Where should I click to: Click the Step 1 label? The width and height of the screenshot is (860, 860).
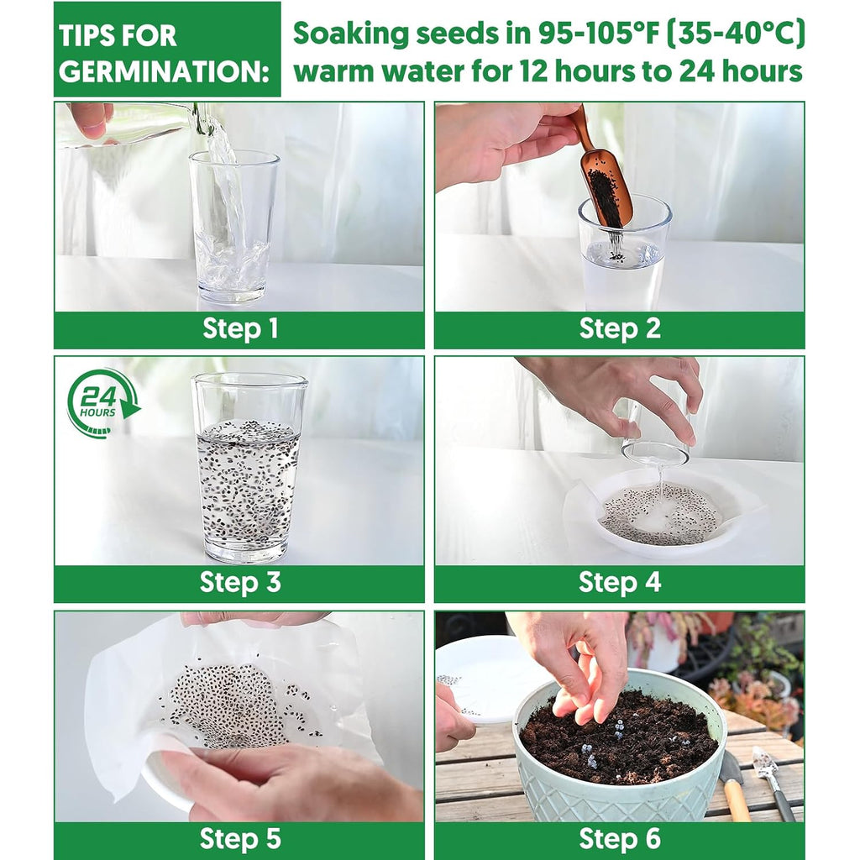click(x=240, y=328)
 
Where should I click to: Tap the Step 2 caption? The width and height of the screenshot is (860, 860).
click(x=620, y=328)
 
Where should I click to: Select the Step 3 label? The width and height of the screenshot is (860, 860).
click(x=240, y=582)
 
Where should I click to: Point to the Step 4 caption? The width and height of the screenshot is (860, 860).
click(x=620, y=582)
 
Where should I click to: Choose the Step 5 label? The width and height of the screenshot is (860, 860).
click(x=240, y=839)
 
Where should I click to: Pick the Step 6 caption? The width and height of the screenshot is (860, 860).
click(x=620, y=839)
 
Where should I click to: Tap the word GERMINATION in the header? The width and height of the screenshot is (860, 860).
click(x=165, y=72)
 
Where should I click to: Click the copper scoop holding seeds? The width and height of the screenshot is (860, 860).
click(x=603, y=176)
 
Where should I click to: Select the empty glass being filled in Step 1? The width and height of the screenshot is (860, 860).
click(x=233, y=227)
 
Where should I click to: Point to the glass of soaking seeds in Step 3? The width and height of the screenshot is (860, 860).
click(x=249, y=468)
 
